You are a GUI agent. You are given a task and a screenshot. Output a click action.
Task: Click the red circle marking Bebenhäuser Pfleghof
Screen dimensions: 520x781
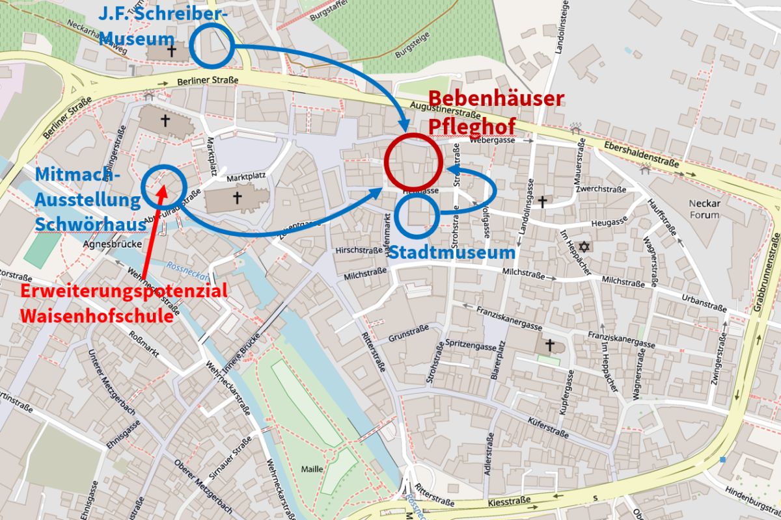coord(413,161)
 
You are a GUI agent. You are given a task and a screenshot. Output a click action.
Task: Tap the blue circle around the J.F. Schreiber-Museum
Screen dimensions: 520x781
coord(211,47)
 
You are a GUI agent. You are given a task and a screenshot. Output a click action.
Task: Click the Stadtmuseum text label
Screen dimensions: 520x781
coord(450,253)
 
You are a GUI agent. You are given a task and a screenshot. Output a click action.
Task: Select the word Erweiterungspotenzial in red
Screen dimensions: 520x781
coord(124,291)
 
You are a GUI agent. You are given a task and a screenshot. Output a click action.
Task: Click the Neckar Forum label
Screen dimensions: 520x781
coord(704,209)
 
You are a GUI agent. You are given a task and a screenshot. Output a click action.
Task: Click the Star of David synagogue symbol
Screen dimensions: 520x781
coord(584,247)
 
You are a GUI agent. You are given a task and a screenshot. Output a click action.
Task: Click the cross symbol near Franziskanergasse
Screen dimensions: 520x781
coord(549,344)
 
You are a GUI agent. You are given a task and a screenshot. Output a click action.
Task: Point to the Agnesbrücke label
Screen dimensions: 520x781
coord(105,244)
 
